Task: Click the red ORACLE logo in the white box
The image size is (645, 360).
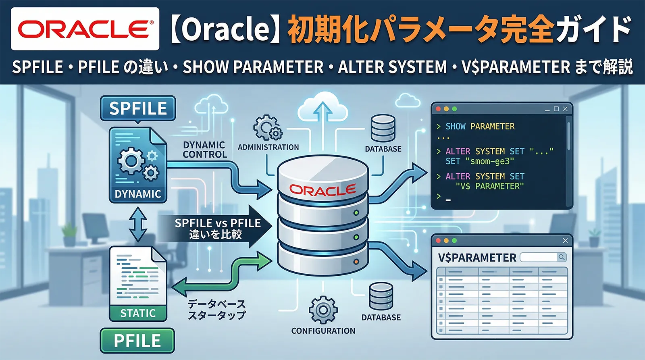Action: click(x=85, y=29)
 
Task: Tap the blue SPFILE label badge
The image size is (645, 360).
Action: click(x=138, y=108)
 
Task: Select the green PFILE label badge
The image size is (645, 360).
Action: click(x=137, y=341)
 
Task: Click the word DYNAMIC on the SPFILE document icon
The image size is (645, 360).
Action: click(x=138, y=194)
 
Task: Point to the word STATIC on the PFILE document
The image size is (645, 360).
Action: click(x=138, y=313)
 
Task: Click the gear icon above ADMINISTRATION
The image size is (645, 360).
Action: click(x=267, y=128)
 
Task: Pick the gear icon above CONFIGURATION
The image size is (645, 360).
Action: click(x=323, y=310)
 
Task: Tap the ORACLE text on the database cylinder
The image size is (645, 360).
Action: click(x=322, y=190)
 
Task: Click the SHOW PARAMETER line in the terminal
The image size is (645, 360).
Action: click(x=480, y=127)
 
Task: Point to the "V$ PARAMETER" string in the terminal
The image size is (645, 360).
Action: click(x=489, y=186)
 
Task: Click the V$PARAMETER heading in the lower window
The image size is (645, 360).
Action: click(x=477, y=258)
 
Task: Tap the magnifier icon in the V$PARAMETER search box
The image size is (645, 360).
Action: click(x=561, y=257)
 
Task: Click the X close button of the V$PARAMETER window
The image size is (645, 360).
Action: click(x=565, y=241)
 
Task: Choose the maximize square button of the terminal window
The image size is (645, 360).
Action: click(x=556, y=109)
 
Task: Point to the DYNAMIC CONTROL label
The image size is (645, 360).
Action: click(x=204, y=150)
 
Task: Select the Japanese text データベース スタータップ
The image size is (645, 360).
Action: click(x=216, y=310)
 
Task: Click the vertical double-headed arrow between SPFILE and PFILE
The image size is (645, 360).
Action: click(x=138, y=225)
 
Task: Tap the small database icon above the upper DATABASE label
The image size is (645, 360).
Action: click(x=383, y=128)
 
